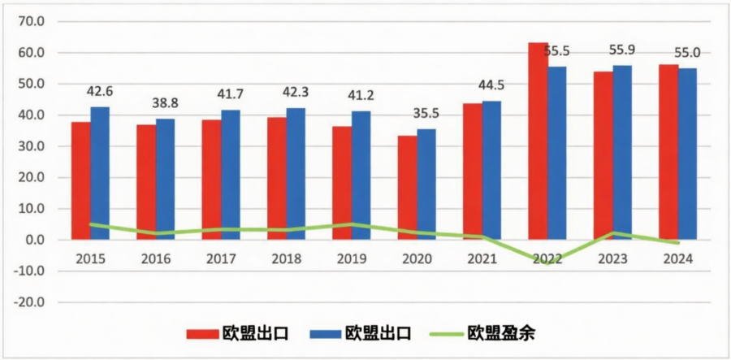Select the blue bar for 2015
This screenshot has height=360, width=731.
click(100, 173)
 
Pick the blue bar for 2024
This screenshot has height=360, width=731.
click(687, 154)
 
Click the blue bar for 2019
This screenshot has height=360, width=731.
click(361, 176)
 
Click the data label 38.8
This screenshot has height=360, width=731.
click(165, 104)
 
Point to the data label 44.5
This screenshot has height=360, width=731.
click(492, 86)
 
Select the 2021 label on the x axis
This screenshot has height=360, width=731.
click(482, 259)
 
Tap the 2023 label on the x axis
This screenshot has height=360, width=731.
click(613, 259)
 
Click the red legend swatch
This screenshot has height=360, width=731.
click(201, 333)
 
